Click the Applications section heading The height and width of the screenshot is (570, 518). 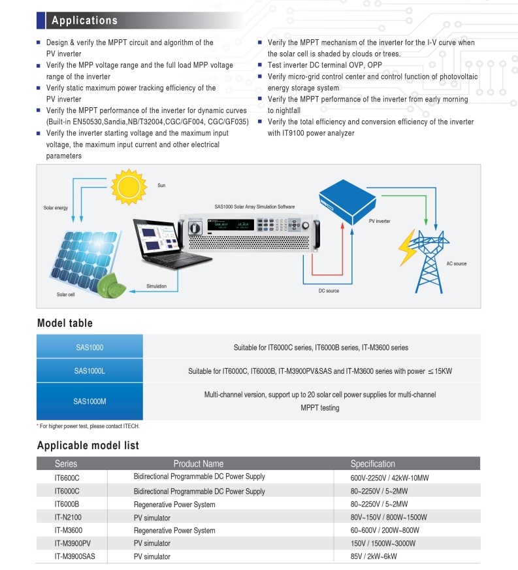click(x=84, y=20)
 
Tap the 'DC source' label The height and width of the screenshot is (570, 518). click(x=329, y=290)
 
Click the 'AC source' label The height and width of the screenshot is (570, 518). click(x=456, y=263)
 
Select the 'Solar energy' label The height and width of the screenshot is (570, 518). click(x=56, y=208)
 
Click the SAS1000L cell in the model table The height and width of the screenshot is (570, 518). click(x=89, y=371)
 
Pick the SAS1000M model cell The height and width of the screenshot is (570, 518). click(x=89, y=401)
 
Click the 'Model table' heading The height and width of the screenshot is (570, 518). click(x=65, y=323)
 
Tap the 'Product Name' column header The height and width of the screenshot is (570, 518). click(x=199, y=463)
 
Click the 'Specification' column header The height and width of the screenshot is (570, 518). click(x=372, y=463)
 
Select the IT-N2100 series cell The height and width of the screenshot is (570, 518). click(x=68, y=517)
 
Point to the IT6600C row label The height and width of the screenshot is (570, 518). click(x=67, y=478)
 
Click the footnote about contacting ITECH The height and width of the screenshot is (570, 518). click(x=89, y=426)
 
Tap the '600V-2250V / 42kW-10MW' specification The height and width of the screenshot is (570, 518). click(x=389, y=478)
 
